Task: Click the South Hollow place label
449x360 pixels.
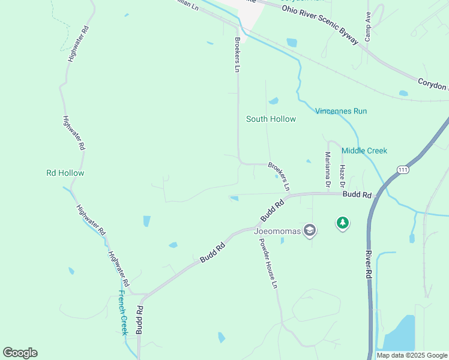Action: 271,119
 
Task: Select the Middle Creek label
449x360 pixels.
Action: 364,151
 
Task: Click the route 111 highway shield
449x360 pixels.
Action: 403,170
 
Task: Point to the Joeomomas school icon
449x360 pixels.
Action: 310,230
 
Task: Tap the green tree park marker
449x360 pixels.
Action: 343,223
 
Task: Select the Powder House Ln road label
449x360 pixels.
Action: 268,263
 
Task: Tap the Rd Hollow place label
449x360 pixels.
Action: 65,173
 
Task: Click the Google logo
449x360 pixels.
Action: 20,353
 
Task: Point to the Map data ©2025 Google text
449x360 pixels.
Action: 411,355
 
